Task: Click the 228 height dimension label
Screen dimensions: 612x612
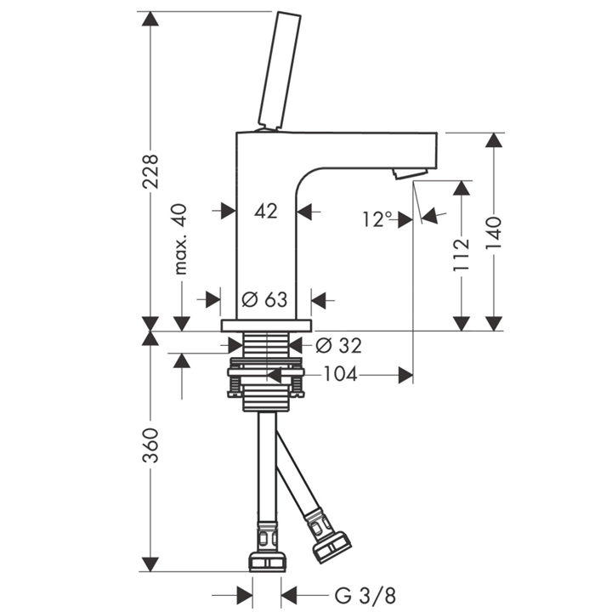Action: tap(150, 172)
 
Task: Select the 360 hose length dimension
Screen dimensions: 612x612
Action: tap(150, 445)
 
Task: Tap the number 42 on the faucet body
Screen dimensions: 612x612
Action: tap(266, 211)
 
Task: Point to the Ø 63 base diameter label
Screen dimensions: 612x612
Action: tap(264, 300)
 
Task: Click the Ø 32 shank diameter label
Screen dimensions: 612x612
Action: tap(339, 345)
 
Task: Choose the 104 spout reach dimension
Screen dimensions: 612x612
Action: tap(340, 375)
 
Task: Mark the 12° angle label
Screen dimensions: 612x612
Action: tap(377, 219)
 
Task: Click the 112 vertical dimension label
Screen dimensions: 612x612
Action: tap(461, 255)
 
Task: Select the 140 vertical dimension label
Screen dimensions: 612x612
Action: tap(493, 233)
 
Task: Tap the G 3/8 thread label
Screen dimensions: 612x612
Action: tap(365, 596)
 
